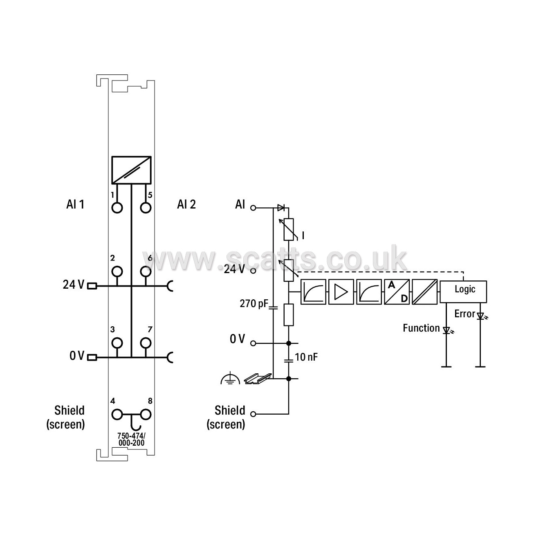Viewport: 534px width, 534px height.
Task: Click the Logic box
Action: pyautogui.click(x=463, y=292)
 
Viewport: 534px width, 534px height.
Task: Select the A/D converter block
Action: pyautogui.click(x=397, y=292)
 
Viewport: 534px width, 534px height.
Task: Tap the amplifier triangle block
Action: pyautogui.click(x=341, y=292)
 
